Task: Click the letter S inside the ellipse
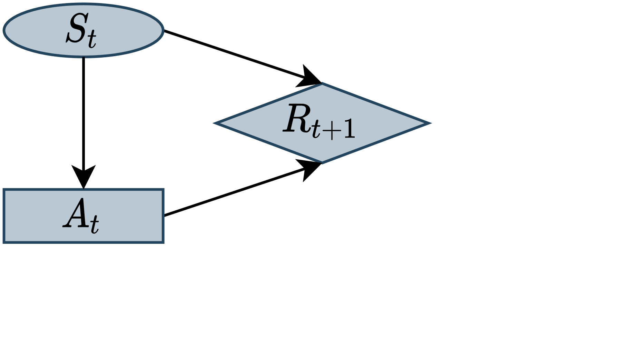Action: coord(76,29)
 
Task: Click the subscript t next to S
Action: coord(92,40)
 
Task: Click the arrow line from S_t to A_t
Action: coord(83,110)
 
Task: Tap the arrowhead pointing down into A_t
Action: coord(83,176)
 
